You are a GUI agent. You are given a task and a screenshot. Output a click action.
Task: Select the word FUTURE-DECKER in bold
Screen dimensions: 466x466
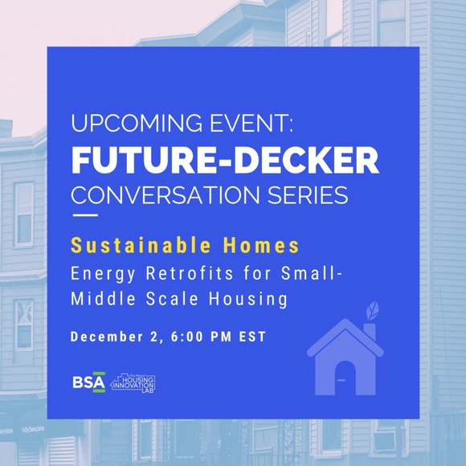(x=225, y=160)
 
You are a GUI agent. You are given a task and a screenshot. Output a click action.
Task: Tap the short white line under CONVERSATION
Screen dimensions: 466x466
(x=85, y=215)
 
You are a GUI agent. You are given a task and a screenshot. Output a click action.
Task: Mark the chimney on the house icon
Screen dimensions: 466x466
(x=370, y=332)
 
